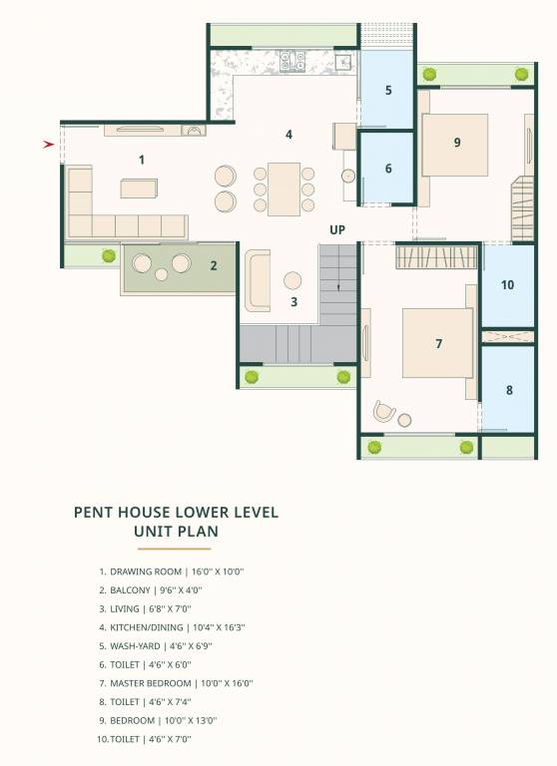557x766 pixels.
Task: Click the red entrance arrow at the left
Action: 48,145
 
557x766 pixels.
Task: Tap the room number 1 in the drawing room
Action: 142,160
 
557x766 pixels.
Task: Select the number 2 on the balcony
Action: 213,265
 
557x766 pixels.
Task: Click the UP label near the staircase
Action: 337,230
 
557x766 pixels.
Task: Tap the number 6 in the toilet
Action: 388,169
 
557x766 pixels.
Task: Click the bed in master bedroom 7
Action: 436,343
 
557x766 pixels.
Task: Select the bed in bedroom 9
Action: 454,145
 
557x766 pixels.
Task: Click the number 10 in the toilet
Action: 507,285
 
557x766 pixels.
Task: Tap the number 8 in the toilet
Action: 509,390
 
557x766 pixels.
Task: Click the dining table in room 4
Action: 283,189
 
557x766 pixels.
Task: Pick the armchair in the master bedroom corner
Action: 384,411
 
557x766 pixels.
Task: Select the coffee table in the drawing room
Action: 139,189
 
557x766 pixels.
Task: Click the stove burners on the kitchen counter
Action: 292,61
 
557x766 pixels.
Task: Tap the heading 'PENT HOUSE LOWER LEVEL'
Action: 177,513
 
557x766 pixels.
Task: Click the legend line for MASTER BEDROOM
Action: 175,683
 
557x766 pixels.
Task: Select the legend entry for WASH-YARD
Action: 155,646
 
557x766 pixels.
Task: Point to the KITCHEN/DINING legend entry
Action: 171,627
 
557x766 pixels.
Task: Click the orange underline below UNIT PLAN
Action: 175,549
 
